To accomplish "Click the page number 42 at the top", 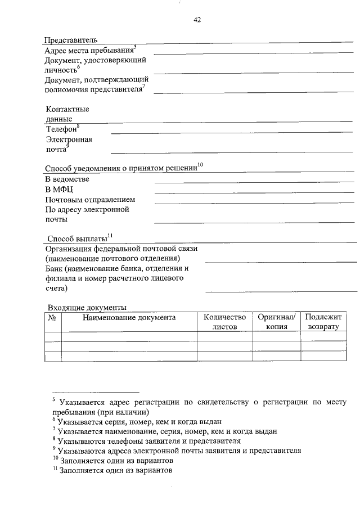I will [197, 20].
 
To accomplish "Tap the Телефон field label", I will [62, 129].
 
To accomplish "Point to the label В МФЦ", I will [59, 189].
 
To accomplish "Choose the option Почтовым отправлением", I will [90, 199].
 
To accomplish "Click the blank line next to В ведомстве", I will [254, 183].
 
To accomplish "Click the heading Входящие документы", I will [87, 307].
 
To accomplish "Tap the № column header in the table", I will [52, 318].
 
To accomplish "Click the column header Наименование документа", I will [129, 318].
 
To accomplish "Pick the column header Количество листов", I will [224, 322].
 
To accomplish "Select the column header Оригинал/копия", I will [276, 322].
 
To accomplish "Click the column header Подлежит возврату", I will [323, 322].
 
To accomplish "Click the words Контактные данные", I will [67, 114].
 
